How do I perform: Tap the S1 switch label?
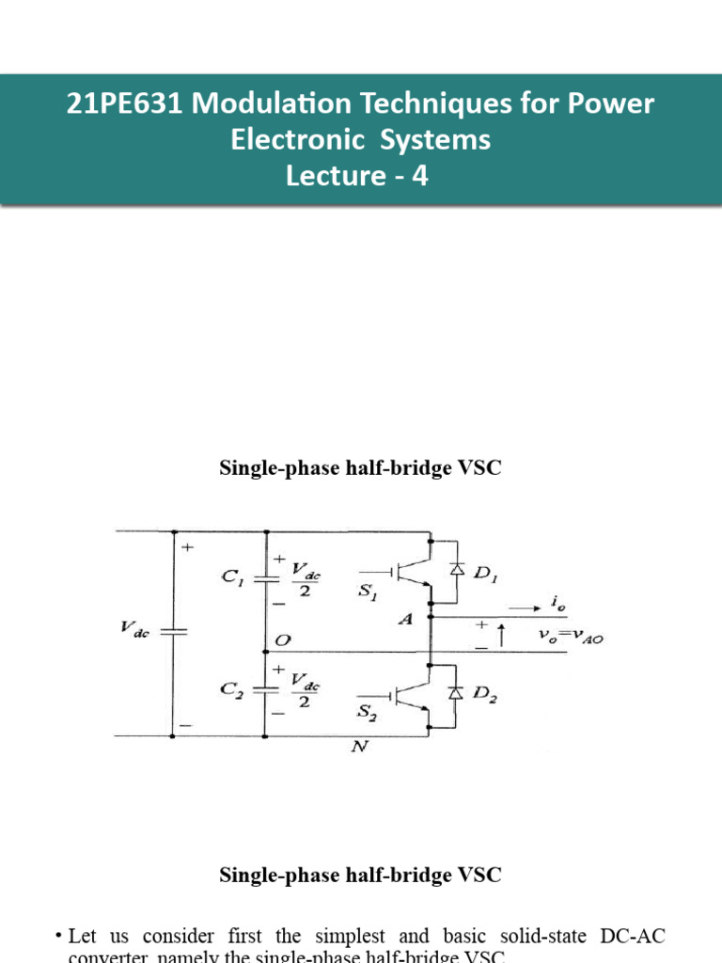coord(370,598)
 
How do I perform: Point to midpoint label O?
coord(281,639)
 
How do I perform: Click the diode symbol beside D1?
coord(458,569)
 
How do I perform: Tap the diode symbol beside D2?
coord(458,693)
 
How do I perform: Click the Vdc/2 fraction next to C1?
coord(302,577)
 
